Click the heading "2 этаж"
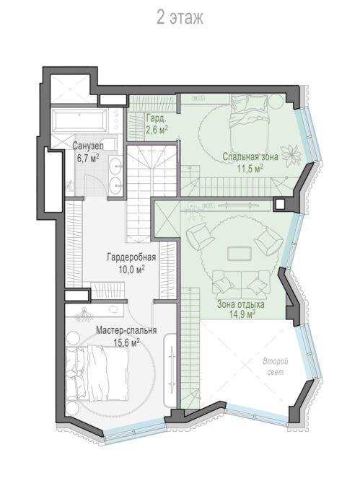(180, 17)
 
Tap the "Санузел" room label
(88, 146)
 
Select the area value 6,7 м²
(88, 158)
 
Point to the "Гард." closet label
(157, 118)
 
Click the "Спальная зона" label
(250, 156)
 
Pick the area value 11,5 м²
(250, 169)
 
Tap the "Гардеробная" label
(131, 257)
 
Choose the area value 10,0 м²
(131, 269)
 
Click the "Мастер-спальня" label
(126, 330)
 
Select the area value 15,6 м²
(127, 342)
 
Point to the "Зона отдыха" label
(241, 304)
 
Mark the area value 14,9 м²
(242, 314)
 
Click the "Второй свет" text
(276, 366)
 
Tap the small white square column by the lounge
(280, 204)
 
